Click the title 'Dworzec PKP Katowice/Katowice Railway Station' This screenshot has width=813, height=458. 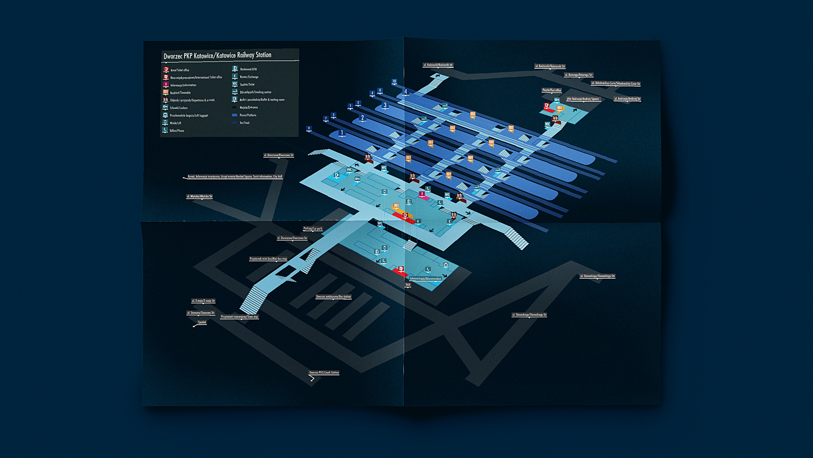click(217, 56)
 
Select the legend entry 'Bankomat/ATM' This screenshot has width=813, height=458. click(248, 69)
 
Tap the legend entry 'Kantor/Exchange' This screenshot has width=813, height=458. click(249, 77)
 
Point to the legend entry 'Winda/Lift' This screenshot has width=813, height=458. click(175, 123)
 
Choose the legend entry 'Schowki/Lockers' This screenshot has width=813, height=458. click(178, 108)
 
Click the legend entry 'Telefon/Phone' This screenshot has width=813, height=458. click(177, 131)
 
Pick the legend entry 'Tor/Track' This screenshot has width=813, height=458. click(244, 123)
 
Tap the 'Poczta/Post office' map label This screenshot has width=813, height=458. click(551, 90)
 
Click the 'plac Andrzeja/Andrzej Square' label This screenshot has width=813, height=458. click(583, 99)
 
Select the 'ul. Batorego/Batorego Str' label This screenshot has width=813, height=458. click(578, 75)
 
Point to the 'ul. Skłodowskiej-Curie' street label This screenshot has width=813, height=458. click(615, 84)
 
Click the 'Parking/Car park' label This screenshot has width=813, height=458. click(312, 229)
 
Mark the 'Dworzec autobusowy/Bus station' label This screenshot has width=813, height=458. click(333, 297)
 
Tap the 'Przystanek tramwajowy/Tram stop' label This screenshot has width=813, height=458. click(239, 317)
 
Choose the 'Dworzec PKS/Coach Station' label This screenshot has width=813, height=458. click(324, 373)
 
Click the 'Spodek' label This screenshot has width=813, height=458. click(202, 322)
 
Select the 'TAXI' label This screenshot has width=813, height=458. click(408, 285)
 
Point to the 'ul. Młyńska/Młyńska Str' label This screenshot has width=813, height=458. click(199, 196)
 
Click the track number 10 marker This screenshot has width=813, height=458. click(394, 81)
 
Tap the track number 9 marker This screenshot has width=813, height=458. click(309, 128)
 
